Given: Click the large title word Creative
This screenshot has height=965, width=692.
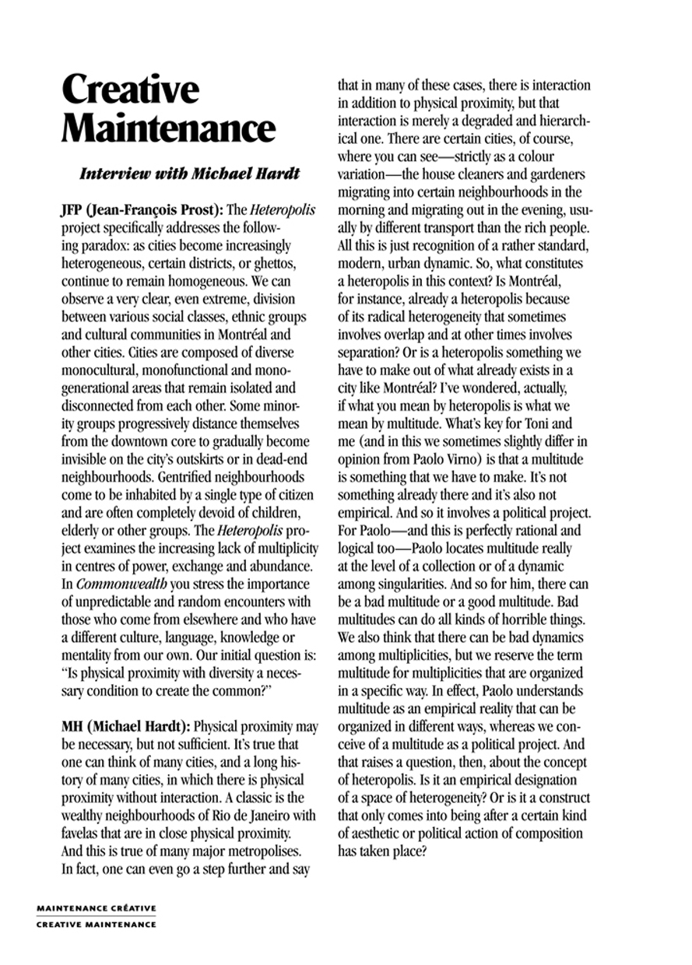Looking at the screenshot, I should click(x=130, y=91).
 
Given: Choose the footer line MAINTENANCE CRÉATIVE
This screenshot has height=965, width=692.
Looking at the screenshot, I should click(x=97, y=908).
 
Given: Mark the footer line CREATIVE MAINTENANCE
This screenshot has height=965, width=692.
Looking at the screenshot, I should click(x=97, y=924).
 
